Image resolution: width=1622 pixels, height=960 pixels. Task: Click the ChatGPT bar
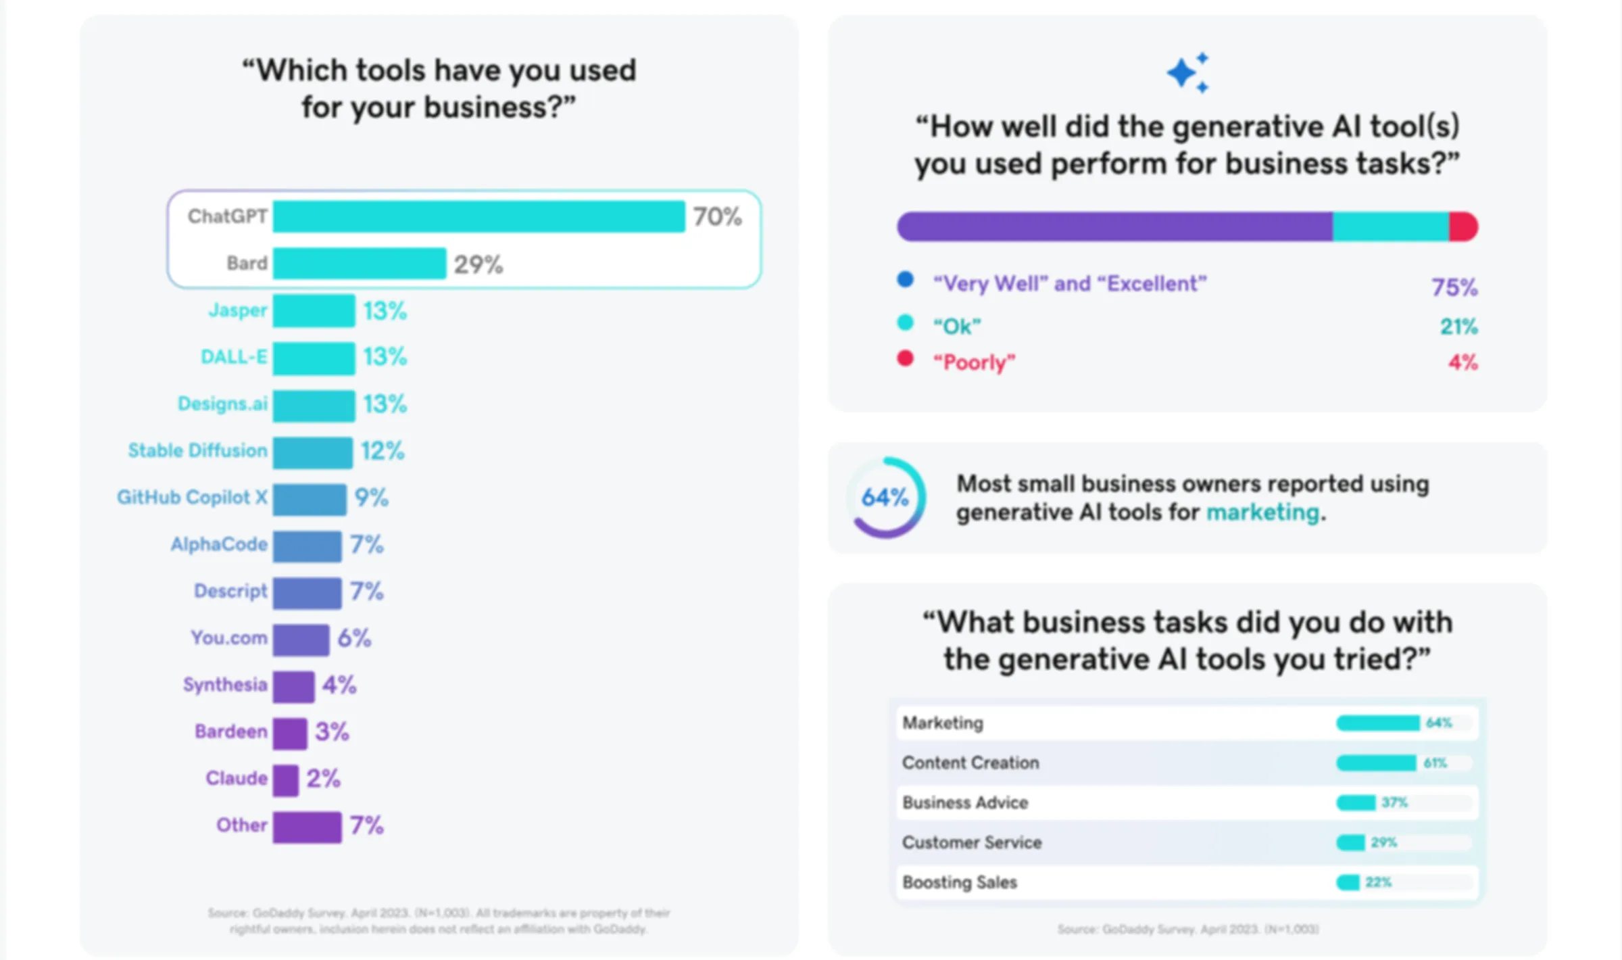(478, 216)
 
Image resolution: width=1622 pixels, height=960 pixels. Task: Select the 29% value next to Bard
(478, 264)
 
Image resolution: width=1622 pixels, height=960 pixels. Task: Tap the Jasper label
(238, 310)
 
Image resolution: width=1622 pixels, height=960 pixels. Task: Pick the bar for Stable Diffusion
(312, 452)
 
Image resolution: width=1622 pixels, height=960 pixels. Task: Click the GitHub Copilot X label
(192, 498)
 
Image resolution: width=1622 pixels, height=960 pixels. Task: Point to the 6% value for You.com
(354, 638)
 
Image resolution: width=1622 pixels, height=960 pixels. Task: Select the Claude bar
(285, 779)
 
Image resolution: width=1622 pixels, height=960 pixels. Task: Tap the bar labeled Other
(307, 826)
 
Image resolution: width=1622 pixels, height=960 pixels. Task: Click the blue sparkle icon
(1187, 73)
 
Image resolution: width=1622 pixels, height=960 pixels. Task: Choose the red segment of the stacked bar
(1463, 226)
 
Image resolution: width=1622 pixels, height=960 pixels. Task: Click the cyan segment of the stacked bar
(1390, 226)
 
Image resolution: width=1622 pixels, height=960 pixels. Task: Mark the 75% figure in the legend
(1454, 287)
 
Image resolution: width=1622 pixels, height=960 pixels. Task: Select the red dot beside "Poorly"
(905, 358)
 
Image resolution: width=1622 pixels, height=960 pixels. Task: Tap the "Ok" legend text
(956, 327)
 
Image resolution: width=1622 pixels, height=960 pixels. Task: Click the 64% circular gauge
(885, 498)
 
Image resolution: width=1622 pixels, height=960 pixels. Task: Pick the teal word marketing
(1262, 513)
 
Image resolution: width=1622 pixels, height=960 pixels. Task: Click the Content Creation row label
(970, 763)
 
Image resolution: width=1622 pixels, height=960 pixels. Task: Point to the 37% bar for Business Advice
(1356, 802)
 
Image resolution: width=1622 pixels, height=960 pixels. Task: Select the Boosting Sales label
(959, 883)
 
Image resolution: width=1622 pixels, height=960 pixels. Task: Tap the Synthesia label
(225, 685)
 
